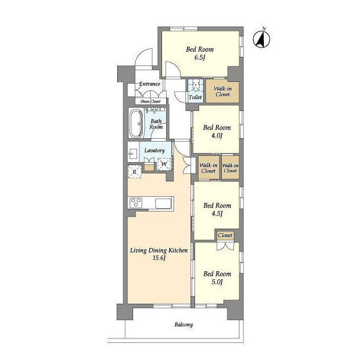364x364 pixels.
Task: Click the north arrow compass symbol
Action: click(262, 39)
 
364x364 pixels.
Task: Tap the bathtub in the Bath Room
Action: click(136, 123)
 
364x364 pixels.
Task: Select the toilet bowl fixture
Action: click(196, 87)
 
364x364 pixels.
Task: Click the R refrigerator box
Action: click(134, 172)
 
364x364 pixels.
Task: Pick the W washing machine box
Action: click(164, 164)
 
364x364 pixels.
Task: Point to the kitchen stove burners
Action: click(135, 202)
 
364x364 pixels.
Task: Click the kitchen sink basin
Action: click(163, 204)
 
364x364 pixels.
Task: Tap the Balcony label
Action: click(184, 325)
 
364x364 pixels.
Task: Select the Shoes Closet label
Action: click(150, 101)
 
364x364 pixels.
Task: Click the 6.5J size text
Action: click(200, 57)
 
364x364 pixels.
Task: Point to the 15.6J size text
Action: click(159, 258)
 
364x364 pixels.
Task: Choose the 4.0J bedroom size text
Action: click(216, 135)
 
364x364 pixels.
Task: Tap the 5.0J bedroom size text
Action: click(217, 282)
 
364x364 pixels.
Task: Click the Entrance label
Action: click(150, 84)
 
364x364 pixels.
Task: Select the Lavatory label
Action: click(154, 150)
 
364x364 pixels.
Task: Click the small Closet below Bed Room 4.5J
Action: click(225, 235)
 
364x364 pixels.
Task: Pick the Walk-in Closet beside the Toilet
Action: click(222, 92)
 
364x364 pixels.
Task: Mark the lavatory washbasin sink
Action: click(133, 154)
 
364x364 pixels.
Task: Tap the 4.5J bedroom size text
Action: click(217, 213)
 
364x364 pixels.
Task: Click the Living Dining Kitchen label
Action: click(159, 250)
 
